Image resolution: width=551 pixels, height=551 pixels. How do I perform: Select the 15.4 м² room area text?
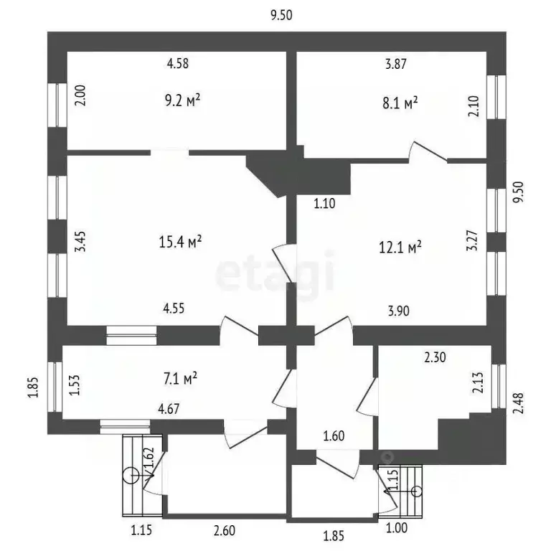(179, 243)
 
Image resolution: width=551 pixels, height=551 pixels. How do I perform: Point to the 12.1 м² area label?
(400, 248)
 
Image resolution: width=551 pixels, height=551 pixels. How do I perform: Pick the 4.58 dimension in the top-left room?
(177, 64)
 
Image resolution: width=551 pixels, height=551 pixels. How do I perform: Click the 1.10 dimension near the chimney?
(325, 204)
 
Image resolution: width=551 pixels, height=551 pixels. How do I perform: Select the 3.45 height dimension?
(81, 237)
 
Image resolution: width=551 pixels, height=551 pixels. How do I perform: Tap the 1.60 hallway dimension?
(334, 435)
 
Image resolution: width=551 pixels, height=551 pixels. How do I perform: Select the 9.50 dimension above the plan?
(281, 14)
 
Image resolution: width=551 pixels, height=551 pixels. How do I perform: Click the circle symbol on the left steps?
(131, 474)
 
